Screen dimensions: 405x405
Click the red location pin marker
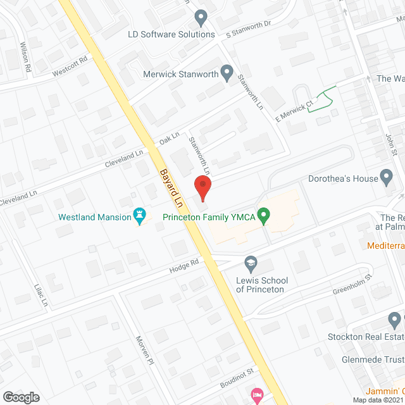[x=202, y=188]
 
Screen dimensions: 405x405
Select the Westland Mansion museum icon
[x=139, y=216]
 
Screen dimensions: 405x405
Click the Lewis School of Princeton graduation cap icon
[x=251, y=263]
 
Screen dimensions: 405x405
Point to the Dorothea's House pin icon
[x=387, y=178]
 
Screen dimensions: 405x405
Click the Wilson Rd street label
[x=25, y=55]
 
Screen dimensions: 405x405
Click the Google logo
[x=20, y=397]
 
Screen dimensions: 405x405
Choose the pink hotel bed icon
[x=256, y=395]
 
